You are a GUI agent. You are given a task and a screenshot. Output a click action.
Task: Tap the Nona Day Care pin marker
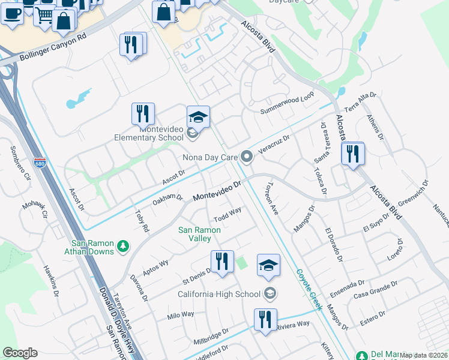click(247, 157)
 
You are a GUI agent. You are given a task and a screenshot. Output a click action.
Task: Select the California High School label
click(220, 293)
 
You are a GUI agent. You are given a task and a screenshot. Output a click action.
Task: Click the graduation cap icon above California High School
click(268, 265)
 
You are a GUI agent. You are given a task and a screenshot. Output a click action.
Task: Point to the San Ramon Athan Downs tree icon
click(122, 246)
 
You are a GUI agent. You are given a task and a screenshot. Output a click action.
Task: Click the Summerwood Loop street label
click(287, 110)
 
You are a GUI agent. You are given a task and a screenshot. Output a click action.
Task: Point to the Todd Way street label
click(228, 214)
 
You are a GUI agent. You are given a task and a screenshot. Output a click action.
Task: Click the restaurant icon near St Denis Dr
click(222, 261)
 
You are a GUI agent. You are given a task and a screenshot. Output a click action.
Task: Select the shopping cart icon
click(44, 16)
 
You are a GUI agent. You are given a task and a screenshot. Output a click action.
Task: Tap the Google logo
click(20, 353)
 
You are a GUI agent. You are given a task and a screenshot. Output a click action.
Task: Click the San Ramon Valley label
click(195, 234)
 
